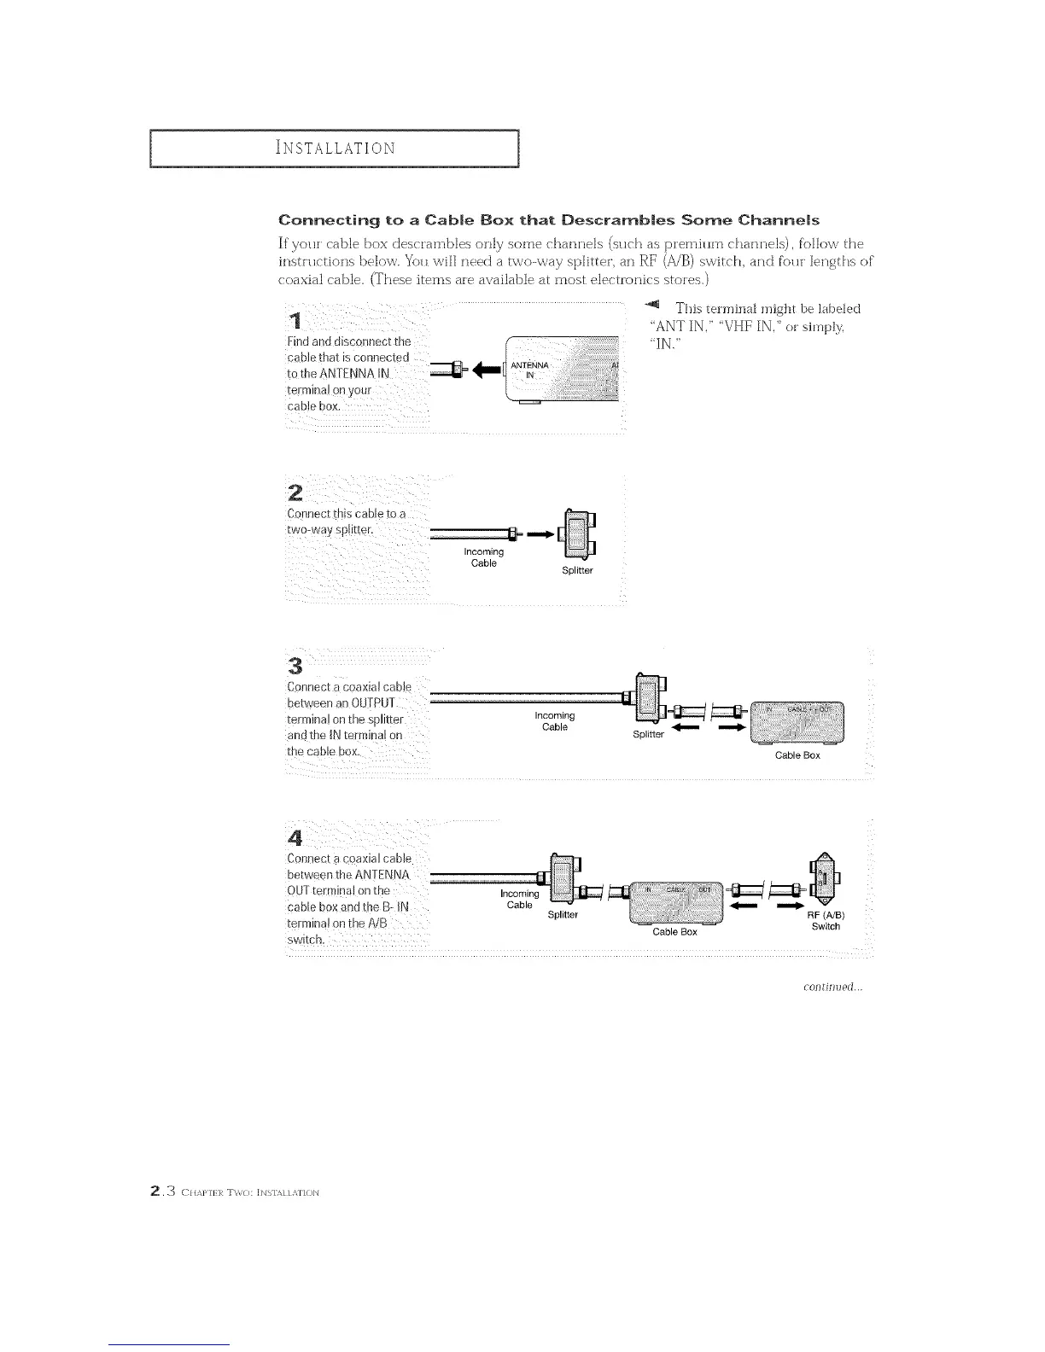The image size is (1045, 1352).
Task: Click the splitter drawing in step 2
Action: coord(575,534)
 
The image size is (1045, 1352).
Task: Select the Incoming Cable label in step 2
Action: coord(483,557)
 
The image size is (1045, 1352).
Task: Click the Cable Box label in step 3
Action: coord(797,755)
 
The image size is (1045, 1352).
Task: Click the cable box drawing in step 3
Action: coord(795,722)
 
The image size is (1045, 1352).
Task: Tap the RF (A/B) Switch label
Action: coord(826,921)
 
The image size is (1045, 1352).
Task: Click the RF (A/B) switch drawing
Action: coord(820,879)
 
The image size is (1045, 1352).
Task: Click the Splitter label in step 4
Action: coord(563,915)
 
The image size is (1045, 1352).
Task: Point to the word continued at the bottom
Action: coord(833,988)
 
